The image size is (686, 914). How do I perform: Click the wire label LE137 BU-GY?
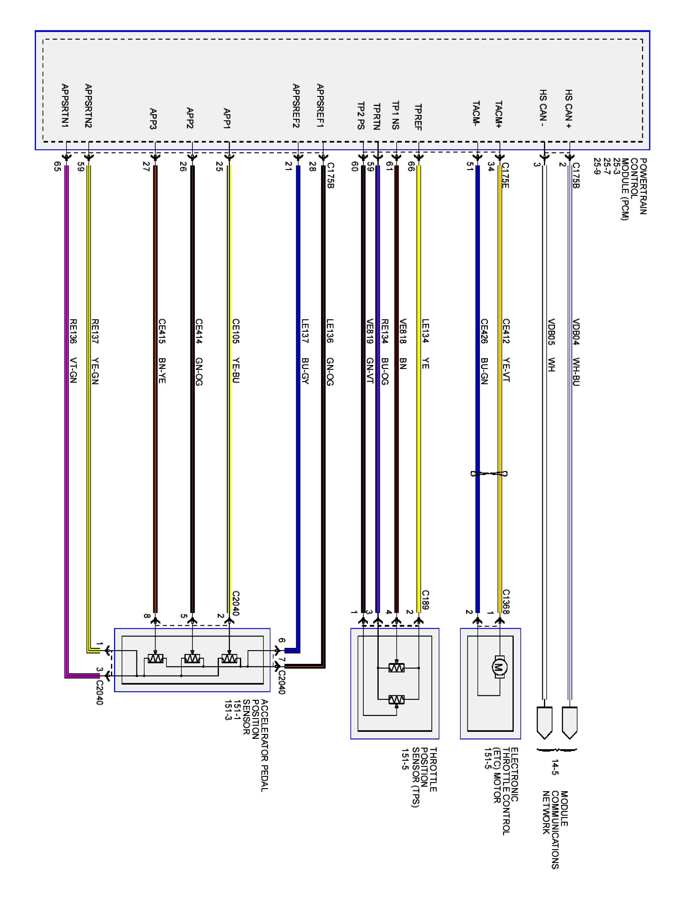click(305, 351)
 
